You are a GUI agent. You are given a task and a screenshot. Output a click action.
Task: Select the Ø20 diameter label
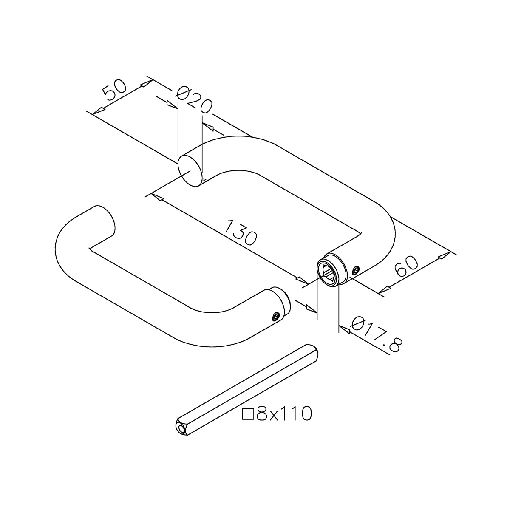(194, 99)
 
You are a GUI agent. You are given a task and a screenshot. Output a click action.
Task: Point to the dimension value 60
(406, 266)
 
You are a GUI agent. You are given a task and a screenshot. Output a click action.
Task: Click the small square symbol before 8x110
(247, 414)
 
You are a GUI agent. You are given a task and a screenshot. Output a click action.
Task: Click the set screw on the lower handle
(276, 316)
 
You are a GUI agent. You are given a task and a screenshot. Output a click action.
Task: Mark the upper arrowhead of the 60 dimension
(443, 255)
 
